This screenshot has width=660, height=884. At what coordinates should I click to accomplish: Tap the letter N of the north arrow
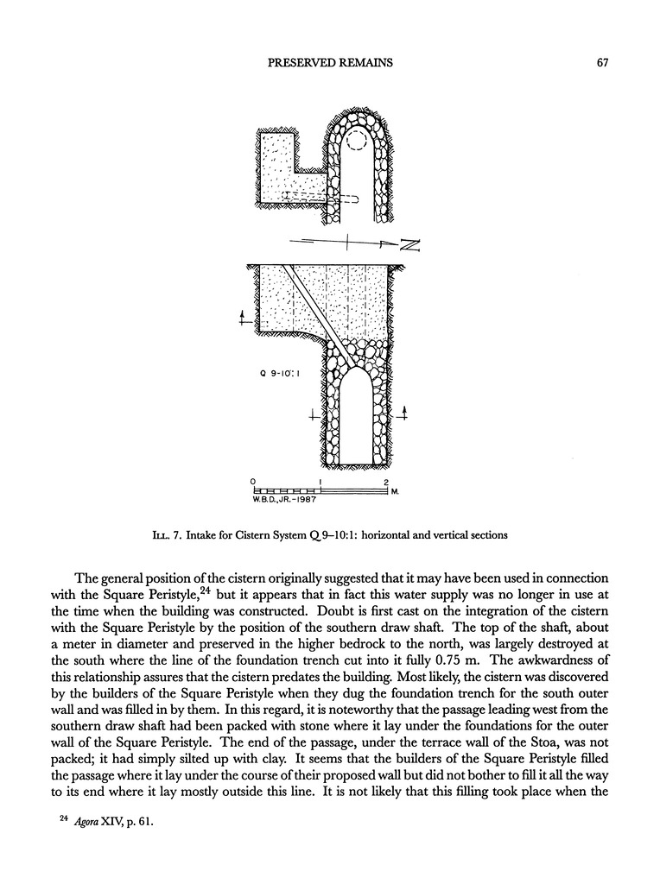[x=409, y=246]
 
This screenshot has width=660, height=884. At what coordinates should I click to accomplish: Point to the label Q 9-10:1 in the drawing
[x=279, y=376]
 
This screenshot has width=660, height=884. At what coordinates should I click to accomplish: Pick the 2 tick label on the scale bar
[x=386, y=482]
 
